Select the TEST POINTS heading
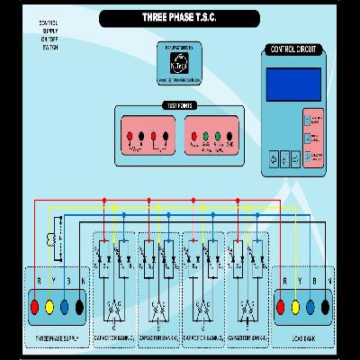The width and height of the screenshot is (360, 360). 177,107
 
